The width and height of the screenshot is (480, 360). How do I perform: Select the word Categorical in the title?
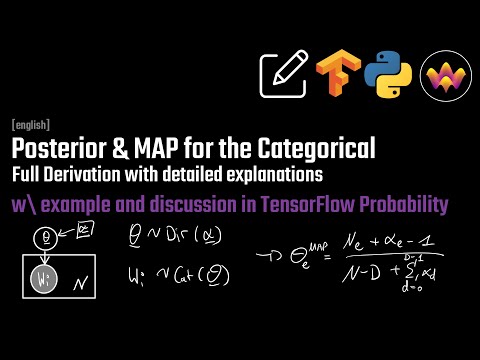[x=323, y=149]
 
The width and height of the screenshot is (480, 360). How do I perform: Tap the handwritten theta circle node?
[x=43, y=238]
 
